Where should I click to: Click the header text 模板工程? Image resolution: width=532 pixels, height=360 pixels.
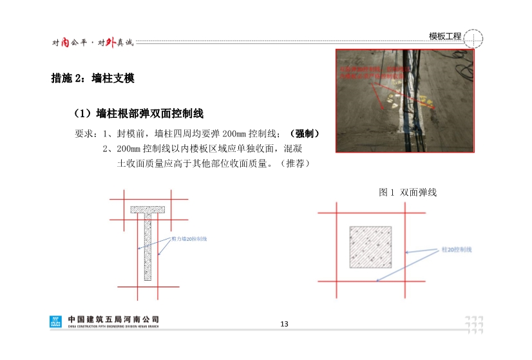[x=445, y=36]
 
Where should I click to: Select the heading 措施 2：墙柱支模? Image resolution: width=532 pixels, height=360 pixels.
[x=92, y=79]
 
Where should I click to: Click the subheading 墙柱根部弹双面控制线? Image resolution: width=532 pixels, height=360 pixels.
[x=149, y=114]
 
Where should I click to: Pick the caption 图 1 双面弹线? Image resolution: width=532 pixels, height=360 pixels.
[x=408, y=192]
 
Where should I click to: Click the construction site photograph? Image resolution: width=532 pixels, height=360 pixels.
[x=404, y=101]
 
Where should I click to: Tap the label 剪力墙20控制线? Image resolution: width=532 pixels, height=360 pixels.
[x=189, y=239]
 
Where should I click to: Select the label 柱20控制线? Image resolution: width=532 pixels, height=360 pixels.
[x=456, y=249]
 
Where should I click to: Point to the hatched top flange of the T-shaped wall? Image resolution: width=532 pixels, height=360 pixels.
[x=148, y=209]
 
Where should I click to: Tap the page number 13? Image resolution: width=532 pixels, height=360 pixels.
[x=284, y=323]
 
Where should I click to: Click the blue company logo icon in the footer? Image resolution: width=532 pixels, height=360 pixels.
[x=56, y=321]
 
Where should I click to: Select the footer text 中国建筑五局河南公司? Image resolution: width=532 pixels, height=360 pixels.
[x=113, y=319]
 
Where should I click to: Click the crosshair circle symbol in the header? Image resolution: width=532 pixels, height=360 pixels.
[x=473, y=38]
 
